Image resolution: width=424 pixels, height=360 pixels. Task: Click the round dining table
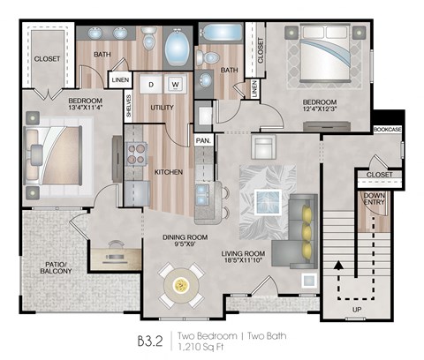(182, 285)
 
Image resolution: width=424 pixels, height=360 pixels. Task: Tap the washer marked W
(175, 85)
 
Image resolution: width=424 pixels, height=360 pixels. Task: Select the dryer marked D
(151, 85)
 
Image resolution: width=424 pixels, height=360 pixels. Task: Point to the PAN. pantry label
(203, 140)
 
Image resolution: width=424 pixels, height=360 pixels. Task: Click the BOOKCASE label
(386, 130)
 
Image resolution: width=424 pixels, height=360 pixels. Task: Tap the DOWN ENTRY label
(375, 203)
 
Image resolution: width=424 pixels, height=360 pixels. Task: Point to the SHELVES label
(129, 106)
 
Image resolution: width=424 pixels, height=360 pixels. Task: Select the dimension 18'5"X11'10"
(243, 262)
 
